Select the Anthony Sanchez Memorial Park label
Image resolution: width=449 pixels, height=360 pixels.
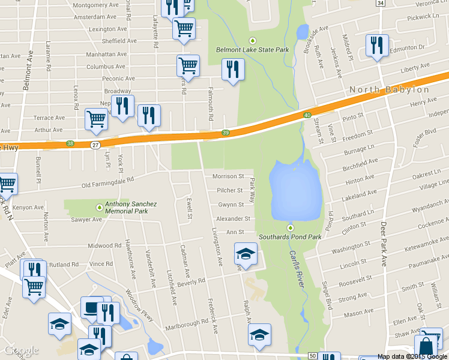[130, 208]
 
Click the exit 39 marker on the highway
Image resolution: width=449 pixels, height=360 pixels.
[226, 133]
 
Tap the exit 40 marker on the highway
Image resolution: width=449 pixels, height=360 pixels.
[307, 115]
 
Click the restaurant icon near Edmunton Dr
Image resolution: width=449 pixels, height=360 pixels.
[377, 46]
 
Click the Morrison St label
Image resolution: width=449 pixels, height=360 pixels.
[228, 177]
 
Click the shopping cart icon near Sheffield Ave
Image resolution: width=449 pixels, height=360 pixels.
[184, 28]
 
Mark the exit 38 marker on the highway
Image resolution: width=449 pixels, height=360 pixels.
[70, 144]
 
